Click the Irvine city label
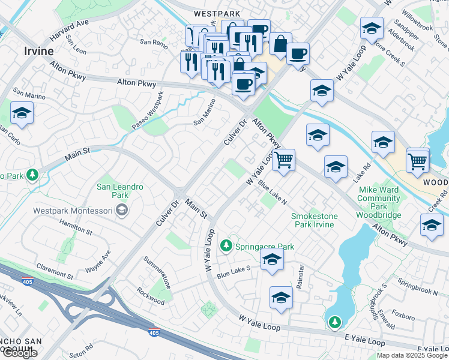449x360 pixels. coord(39,51)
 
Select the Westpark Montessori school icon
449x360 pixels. coord(122,209)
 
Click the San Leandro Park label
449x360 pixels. coord(120,191)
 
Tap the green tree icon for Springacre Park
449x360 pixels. coord(226,245)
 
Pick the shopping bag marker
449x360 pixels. coord(280,44)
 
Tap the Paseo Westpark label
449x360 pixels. coord(147,110)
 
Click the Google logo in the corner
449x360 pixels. coord(19,353)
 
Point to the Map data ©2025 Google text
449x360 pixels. coord(412,355)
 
